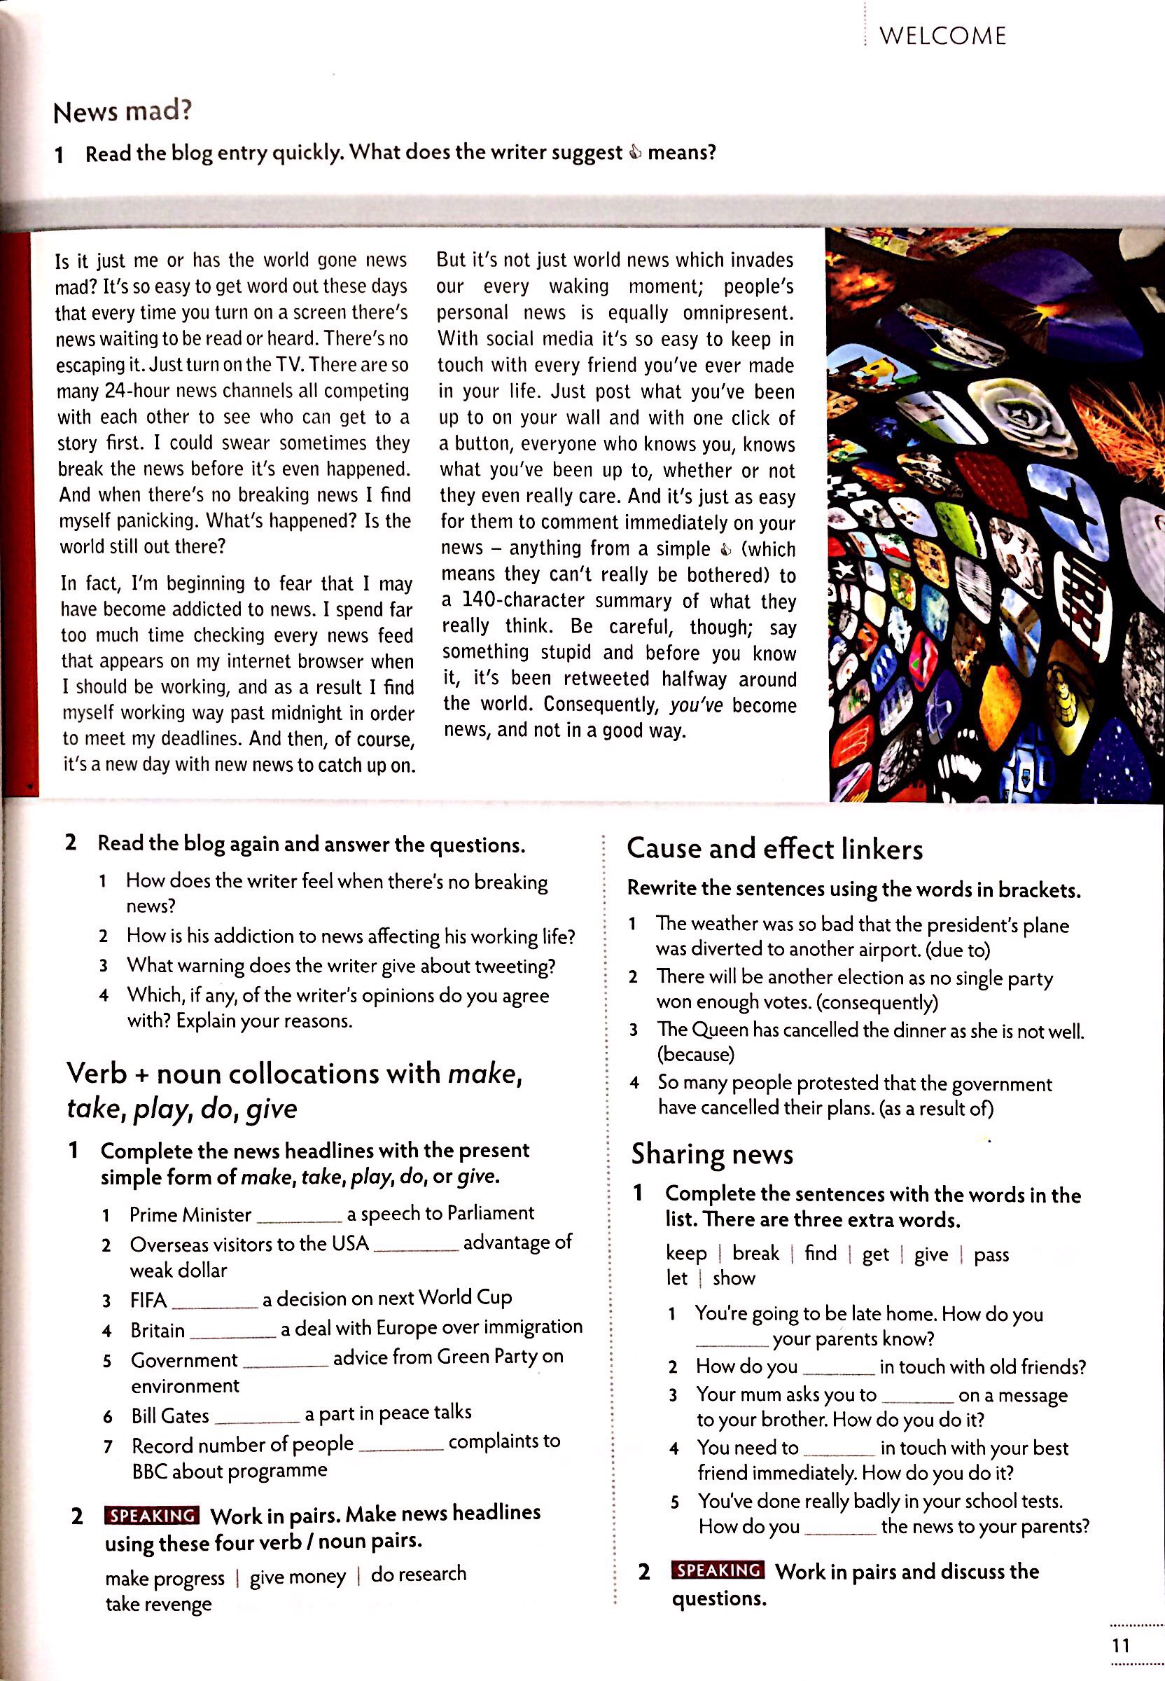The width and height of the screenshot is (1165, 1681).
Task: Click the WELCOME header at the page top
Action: click(x=942, y=36)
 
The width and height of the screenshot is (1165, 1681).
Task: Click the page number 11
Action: click(x=1120, y=1645)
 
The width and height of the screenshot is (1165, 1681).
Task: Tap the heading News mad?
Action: click(x=123, y=112)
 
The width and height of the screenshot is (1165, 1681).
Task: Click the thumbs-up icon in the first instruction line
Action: click(x=635, y=153)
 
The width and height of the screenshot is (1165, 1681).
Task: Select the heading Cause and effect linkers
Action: click(x=774, y=850)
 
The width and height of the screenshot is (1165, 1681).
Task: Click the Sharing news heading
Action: click(x=712, y=1154)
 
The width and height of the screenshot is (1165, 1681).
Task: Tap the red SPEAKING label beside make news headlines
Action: click(x=152, y=1515)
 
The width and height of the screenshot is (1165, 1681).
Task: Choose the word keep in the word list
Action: click(x=685, y=1254)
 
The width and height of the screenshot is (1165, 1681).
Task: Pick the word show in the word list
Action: click(x=734, y=1279)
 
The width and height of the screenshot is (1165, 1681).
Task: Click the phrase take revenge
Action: click(x=158, y=1605)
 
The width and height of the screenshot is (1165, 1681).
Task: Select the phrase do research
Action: click(x=418, y=1575)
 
